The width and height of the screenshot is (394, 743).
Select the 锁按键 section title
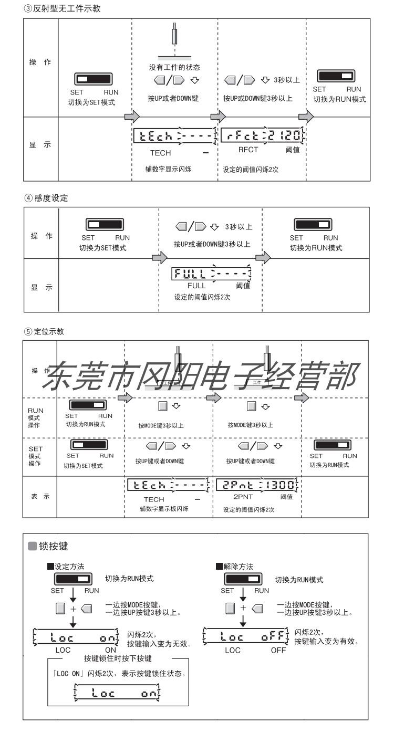pos(54,547)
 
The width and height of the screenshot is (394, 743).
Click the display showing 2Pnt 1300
pos(259,485)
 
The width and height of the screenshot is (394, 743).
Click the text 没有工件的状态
pos(174,68)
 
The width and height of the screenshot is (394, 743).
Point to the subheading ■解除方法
pos(234,567)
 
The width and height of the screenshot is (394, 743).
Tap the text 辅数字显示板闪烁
pos(164,509)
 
